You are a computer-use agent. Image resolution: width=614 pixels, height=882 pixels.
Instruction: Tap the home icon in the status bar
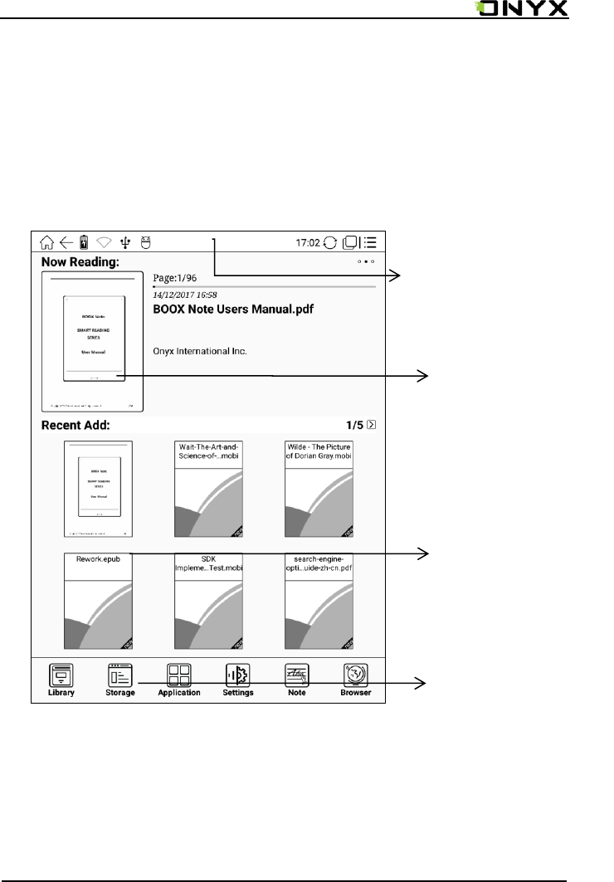47,243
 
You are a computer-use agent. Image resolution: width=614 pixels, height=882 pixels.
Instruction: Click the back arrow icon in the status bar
66,243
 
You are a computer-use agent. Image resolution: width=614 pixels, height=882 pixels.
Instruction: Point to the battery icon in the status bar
84,243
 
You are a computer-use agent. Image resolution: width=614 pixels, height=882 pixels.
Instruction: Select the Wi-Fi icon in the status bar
104,243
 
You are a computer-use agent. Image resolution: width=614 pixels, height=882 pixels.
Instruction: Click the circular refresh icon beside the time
331,243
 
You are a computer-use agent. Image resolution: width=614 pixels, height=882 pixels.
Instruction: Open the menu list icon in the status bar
370,243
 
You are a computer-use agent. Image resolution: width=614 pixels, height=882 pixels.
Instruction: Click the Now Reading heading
80,262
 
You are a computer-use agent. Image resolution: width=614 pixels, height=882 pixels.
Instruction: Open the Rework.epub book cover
98,602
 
